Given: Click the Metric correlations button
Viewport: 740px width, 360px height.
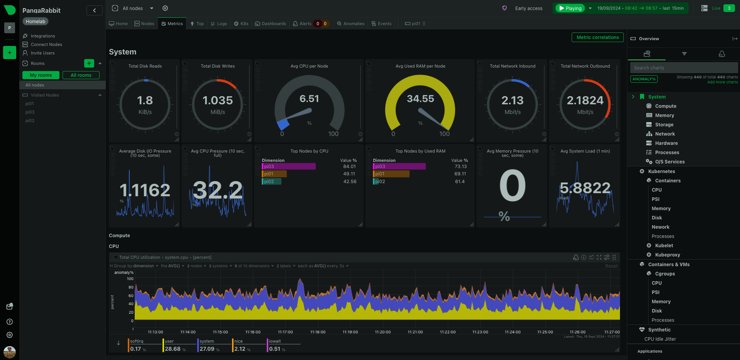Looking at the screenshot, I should click(597, 37).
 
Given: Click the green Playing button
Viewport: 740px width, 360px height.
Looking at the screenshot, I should click(570, 8).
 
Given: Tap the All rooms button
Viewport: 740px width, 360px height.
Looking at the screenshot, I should click(81, 75).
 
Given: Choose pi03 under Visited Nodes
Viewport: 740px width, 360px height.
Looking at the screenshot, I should click(30, 112).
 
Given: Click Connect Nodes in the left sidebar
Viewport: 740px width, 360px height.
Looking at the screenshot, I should click(46, 44).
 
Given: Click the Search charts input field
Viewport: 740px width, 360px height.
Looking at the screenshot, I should click(683, 68).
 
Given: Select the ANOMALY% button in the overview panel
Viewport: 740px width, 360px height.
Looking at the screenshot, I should click(644, 79).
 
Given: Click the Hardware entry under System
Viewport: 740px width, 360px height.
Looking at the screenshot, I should click(666, 143).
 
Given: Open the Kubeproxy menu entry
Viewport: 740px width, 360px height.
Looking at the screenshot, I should click(667, 255).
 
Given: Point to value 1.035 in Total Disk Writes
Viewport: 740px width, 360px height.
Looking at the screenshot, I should click(218, 100).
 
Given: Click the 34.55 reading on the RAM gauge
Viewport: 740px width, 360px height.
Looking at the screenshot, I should click(420, 99).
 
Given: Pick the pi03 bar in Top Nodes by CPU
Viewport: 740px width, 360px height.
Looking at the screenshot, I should click(289, 166).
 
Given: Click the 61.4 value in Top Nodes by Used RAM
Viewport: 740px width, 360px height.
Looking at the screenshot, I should click(460, 182).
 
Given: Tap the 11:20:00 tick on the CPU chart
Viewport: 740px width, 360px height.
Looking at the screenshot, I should click(383, 332).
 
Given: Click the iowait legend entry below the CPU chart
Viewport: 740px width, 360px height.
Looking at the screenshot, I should click(275, 341).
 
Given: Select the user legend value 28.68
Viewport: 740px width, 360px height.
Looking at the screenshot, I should click(173, 349).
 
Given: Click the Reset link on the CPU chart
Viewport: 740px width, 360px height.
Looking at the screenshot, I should click(611, 266).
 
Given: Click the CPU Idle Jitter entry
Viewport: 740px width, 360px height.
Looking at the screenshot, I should click(660, 339).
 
